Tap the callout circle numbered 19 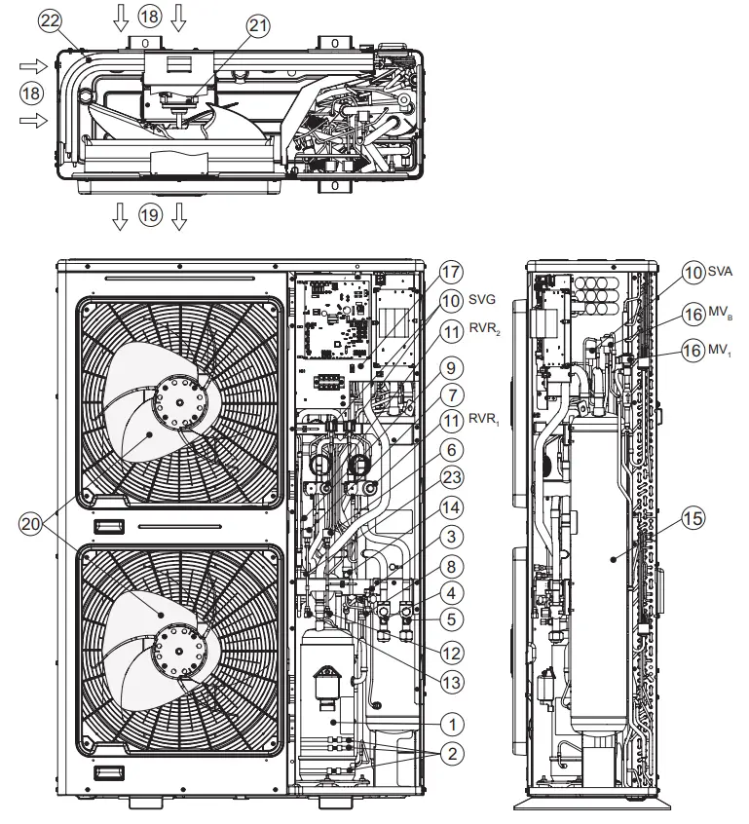click(148, 216)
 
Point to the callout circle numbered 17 click(450, 273)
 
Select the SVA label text click(721, 274)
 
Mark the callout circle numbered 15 click(693, 520)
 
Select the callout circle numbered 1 click(450, 723)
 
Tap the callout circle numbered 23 click(450, 478)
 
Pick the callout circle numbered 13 click(450, 681)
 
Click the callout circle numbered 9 click(450, 368)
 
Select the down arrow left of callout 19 click(120, 216)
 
